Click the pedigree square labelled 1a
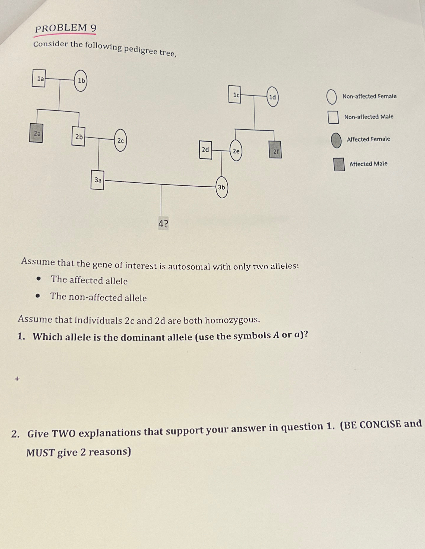click(x=39, y=78)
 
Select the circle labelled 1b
click(x=81, y=80)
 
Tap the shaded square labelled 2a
click(x=36, y=133)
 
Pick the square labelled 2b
click(x=78, y=137)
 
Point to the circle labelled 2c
click(x=120, y=140)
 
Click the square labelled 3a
click(x=97, y=180)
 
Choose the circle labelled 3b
click(x=222, y=187)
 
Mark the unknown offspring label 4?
click(x=163, y=223)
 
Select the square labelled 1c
click(x=235, y=94)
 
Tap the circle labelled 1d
click(x=272, y=97)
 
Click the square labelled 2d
click(x=206, y=150)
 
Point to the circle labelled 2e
click(x=236, y=151)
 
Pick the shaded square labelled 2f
click(x=275, y=150)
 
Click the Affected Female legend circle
click(x=336, y=140)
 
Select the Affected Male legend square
click(x=339, y=164)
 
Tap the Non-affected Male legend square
click(x=333, y=117)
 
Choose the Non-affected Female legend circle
click(x=331, y=97)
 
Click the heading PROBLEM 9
click(x=66, y=28)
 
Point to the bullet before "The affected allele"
click(x=38, y=279)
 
